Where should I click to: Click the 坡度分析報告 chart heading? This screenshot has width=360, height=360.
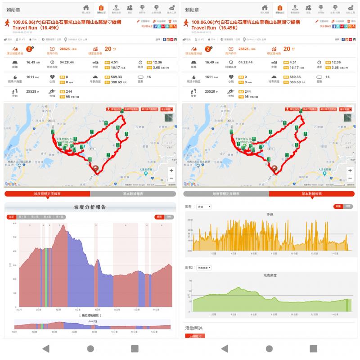(x=90, y=207)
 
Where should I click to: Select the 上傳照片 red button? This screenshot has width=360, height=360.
(x=194, y=336)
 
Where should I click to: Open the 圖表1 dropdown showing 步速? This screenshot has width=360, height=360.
(x=204, y=207)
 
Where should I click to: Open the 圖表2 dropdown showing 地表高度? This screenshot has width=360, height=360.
(x=204, y=267)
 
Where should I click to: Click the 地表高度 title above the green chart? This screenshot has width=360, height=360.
(x=269, y=275)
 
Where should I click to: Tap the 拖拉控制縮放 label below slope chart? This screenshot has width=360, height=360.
(x=90, y=315)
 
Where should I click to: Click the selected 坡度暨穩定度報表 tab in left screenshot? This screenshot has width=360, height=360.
(x=47, y=194)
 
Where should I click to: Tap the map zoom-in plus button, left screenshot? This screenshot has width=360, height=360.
(x=171, y=171)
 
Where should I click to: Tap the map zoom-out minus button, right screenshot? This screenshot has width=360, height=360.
(x=350, y=178)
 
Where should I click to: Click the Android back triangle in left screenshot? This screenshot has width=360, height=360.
(x=45, y=348)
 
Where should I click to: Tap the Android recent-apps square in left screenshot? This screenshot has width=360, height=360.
(x=135, y=348)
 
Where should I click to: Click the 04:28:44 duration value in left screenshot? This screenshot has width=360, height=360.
(x=67, y=63)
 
